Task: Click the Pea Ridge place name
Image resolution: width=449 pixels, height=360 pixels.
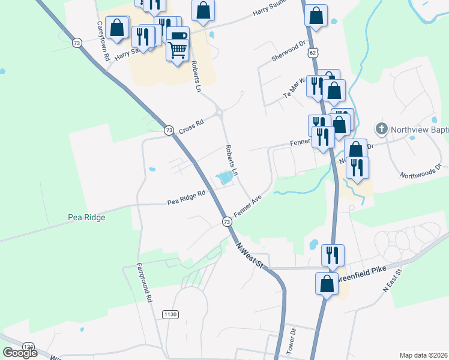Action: (86, 217)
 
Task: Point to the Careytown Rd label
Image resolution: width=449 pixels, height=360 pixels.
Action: (103, 41)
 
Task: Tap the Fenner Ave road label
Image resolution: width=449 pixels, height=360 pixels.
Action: (249, 208)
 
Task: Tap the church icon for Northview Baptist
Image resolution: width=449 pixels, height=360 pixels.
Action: (380, 128)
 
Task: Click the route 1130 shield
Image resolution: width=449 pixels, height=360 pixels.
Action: (170, 314)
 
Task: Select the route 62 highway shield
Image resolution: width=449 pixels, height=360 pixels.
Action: (313, 53)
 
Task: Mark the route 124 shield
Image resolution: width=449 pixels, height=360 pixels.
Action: (28, 347)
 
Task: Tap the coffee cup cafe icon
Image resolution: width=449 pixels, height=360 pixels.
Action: (177, 37)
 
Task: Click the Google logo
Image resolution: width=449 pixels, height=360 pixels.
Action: (20, 353)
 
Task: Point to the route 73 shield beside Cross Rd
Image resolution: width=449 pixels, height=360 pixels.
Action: (169, 130)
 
